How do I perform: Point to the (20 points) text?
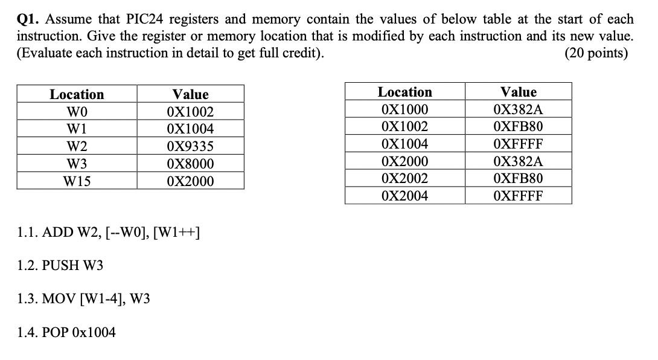[x=596, y=53]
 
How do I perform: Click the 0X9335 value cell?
[x=190, y=147]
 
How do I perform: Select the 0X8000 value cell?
[x=190, y=164]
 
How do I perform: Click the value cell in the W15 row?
[x=190, y=181]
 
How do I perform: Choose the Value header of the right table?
[x=518, y=92]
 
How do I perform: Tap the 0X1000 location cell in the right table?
[x=404, y=110]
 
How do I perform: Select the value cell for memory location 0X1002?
[x=518, y=127]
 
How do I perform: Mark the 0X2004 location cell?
[x=404, y=196]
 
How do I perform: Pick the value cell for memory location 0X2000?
[x=518, y=161]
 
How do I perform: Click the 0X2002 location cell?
[x=404, y=179]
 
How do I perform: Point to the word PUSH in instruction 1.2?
[x=57, y=265]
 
